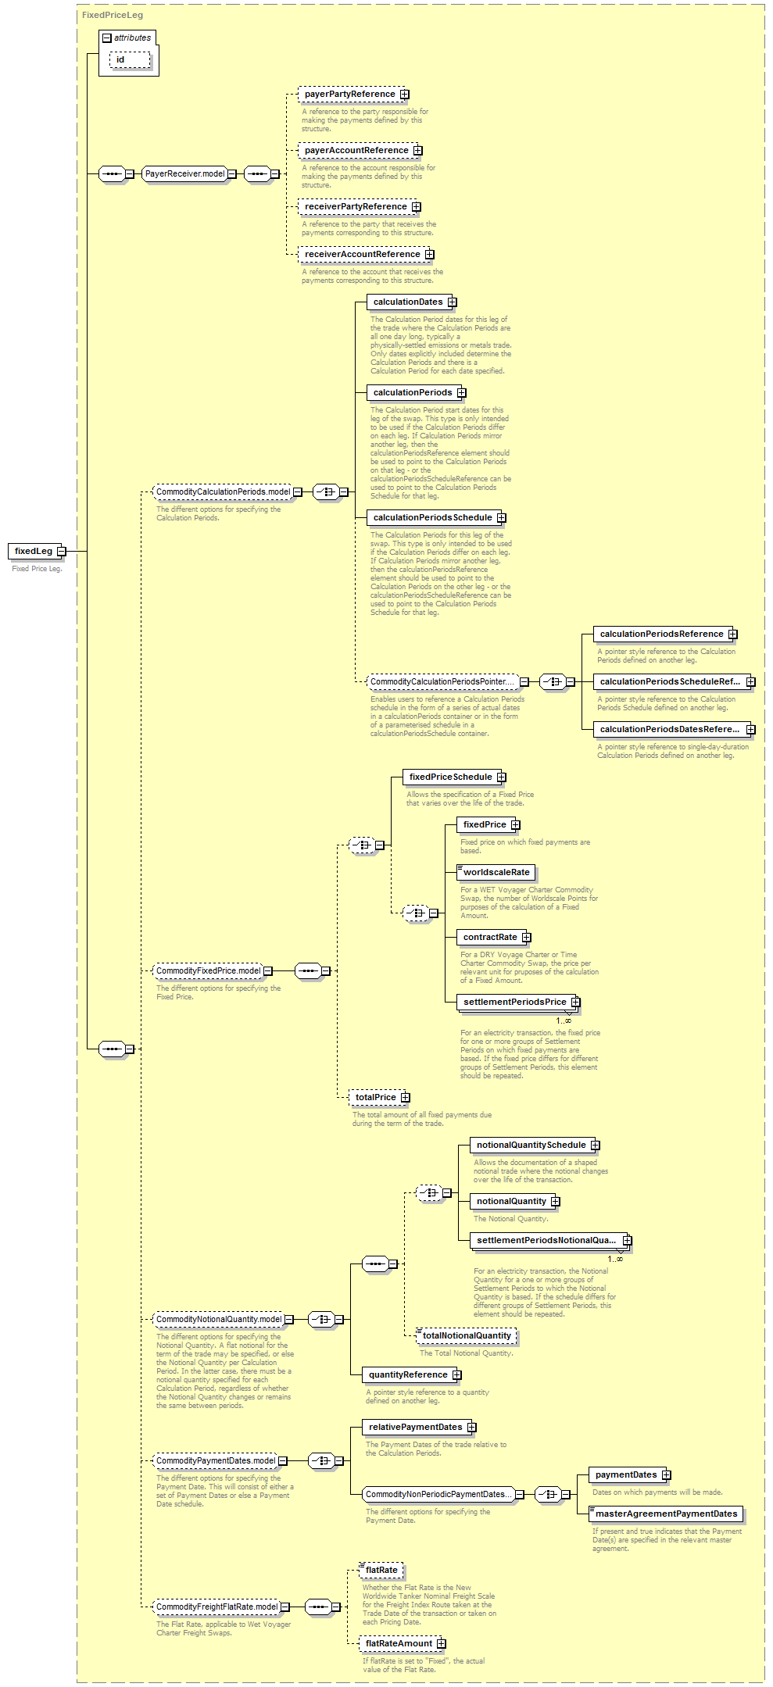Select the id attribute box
point(130,59)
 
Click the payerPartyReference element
point(353,94)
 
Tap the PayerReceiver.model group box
point(189,173)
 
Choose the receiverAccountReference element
point(366,254)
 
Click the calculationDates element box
point(412,302)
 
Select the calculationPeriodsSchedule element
point(436,517)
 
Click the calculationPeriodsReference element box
point(665,634)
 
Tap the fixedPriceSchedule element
point(454,777)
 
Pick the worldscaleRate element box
point(496,872)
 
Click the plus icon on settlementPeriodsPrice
point(575,1002)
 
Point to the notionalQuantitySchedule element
point(535,1145)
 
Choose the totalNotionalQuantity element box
point(467,1335)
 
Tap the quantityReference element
point(412,1374)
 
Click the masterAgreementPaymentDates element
point(666,1514)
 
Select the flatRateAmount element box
point(403,1643)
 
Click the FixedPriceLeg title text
point(113,15)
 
